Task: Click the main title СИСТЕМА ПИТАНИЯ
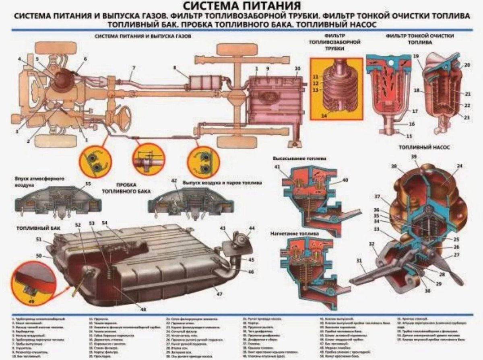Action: tap(241, 6)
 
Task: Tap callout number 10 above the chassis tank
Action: tap(297, 69)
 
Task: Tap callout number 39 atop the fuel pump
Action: tap(414, 156)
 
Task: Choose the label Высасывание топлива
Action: tap(299, 158)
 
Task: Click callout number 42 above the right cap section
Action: tap(174, 181)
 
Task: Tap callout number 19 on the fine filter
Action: tap(416, 56)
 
